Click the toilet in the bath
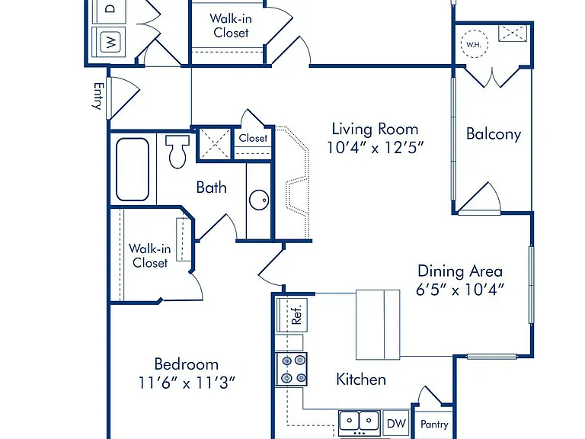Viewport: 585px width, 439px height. tap(177, 151)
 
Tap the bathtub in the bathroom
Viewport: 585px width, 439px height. tap(133, 169)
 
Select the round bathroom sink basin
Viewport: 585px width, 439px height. tap(259, 200)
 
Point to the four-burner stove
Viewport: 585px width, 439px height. tap(292, 369)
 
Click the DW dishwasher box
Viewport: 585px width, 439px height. tap(396, 423)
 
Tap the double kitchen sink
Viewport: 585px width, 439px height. tap(360, 421)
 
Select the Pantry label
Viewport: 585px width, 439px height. tap(434, 424)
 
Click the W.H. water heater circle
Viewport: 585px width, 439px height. tap(474, 44)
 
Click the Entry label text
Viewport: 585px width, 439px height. tap(97, 96)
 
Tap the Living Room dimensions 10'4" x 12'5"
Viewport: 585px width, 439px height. tap(376, 147)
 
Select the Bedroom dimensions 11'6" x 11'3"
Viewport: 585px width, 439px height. tap(187, 383)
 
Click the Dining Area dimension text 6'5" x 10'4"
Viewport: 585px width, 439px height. tap(460, 289)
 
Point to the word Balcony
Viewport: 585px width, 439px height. tap(494, 134)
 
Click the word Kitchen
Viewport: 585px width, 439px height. tap(361, 380)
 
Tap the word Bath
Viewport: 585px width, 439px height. tap(211, 187)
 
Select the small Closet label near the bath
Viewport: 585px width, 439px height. tap(253, 138)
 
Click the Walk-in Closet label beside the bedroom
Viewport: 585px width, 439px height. tap(150, 256)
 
